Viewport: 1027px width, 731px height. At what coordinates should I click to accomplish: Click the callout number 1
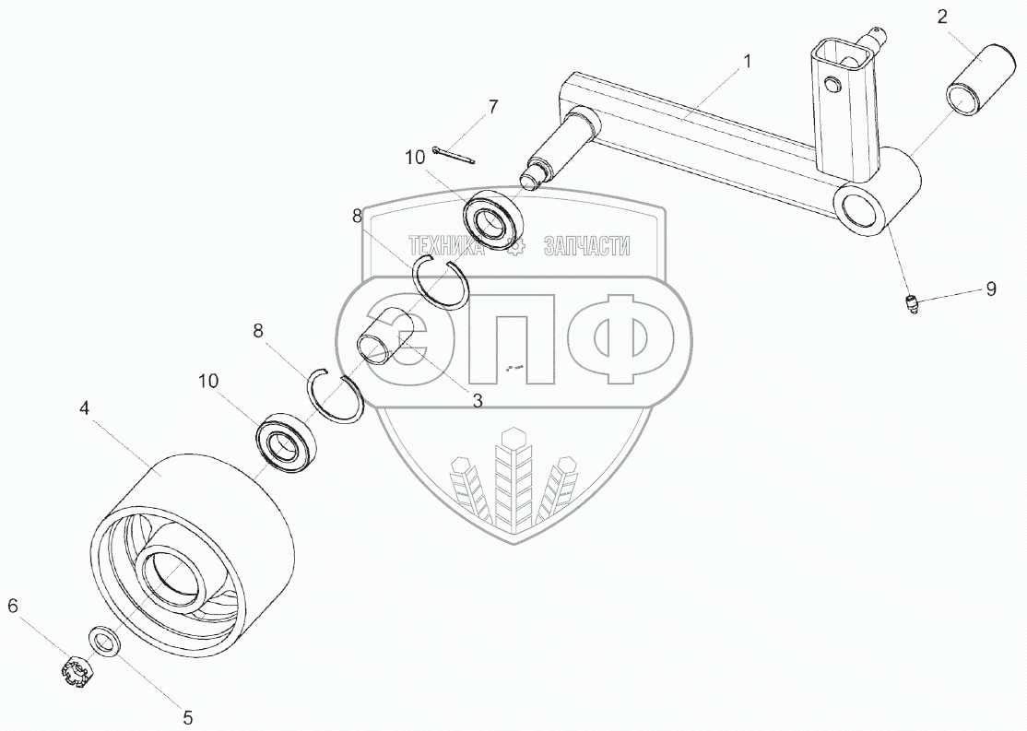[748, 62]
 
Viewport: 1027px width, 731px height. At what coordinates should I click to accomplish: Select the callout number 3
[478, 400]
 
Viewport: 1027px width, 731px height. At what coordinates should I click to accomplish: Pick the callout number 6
[13, 606]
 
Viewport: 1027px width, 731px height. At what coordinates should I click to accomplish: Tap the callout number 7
[493, 107]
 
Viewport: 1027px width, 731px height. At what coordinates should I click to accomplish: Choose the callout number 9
[991, 289]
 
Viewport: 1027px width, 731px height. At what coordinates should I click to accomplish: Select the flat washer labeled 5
[103, 641]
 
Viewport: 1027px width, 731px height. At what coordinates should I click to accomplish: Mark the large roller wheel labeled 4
[194, 553]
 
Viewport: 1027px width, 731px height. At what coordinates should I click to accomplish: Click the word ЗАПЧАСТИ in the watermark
[586, 246]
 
